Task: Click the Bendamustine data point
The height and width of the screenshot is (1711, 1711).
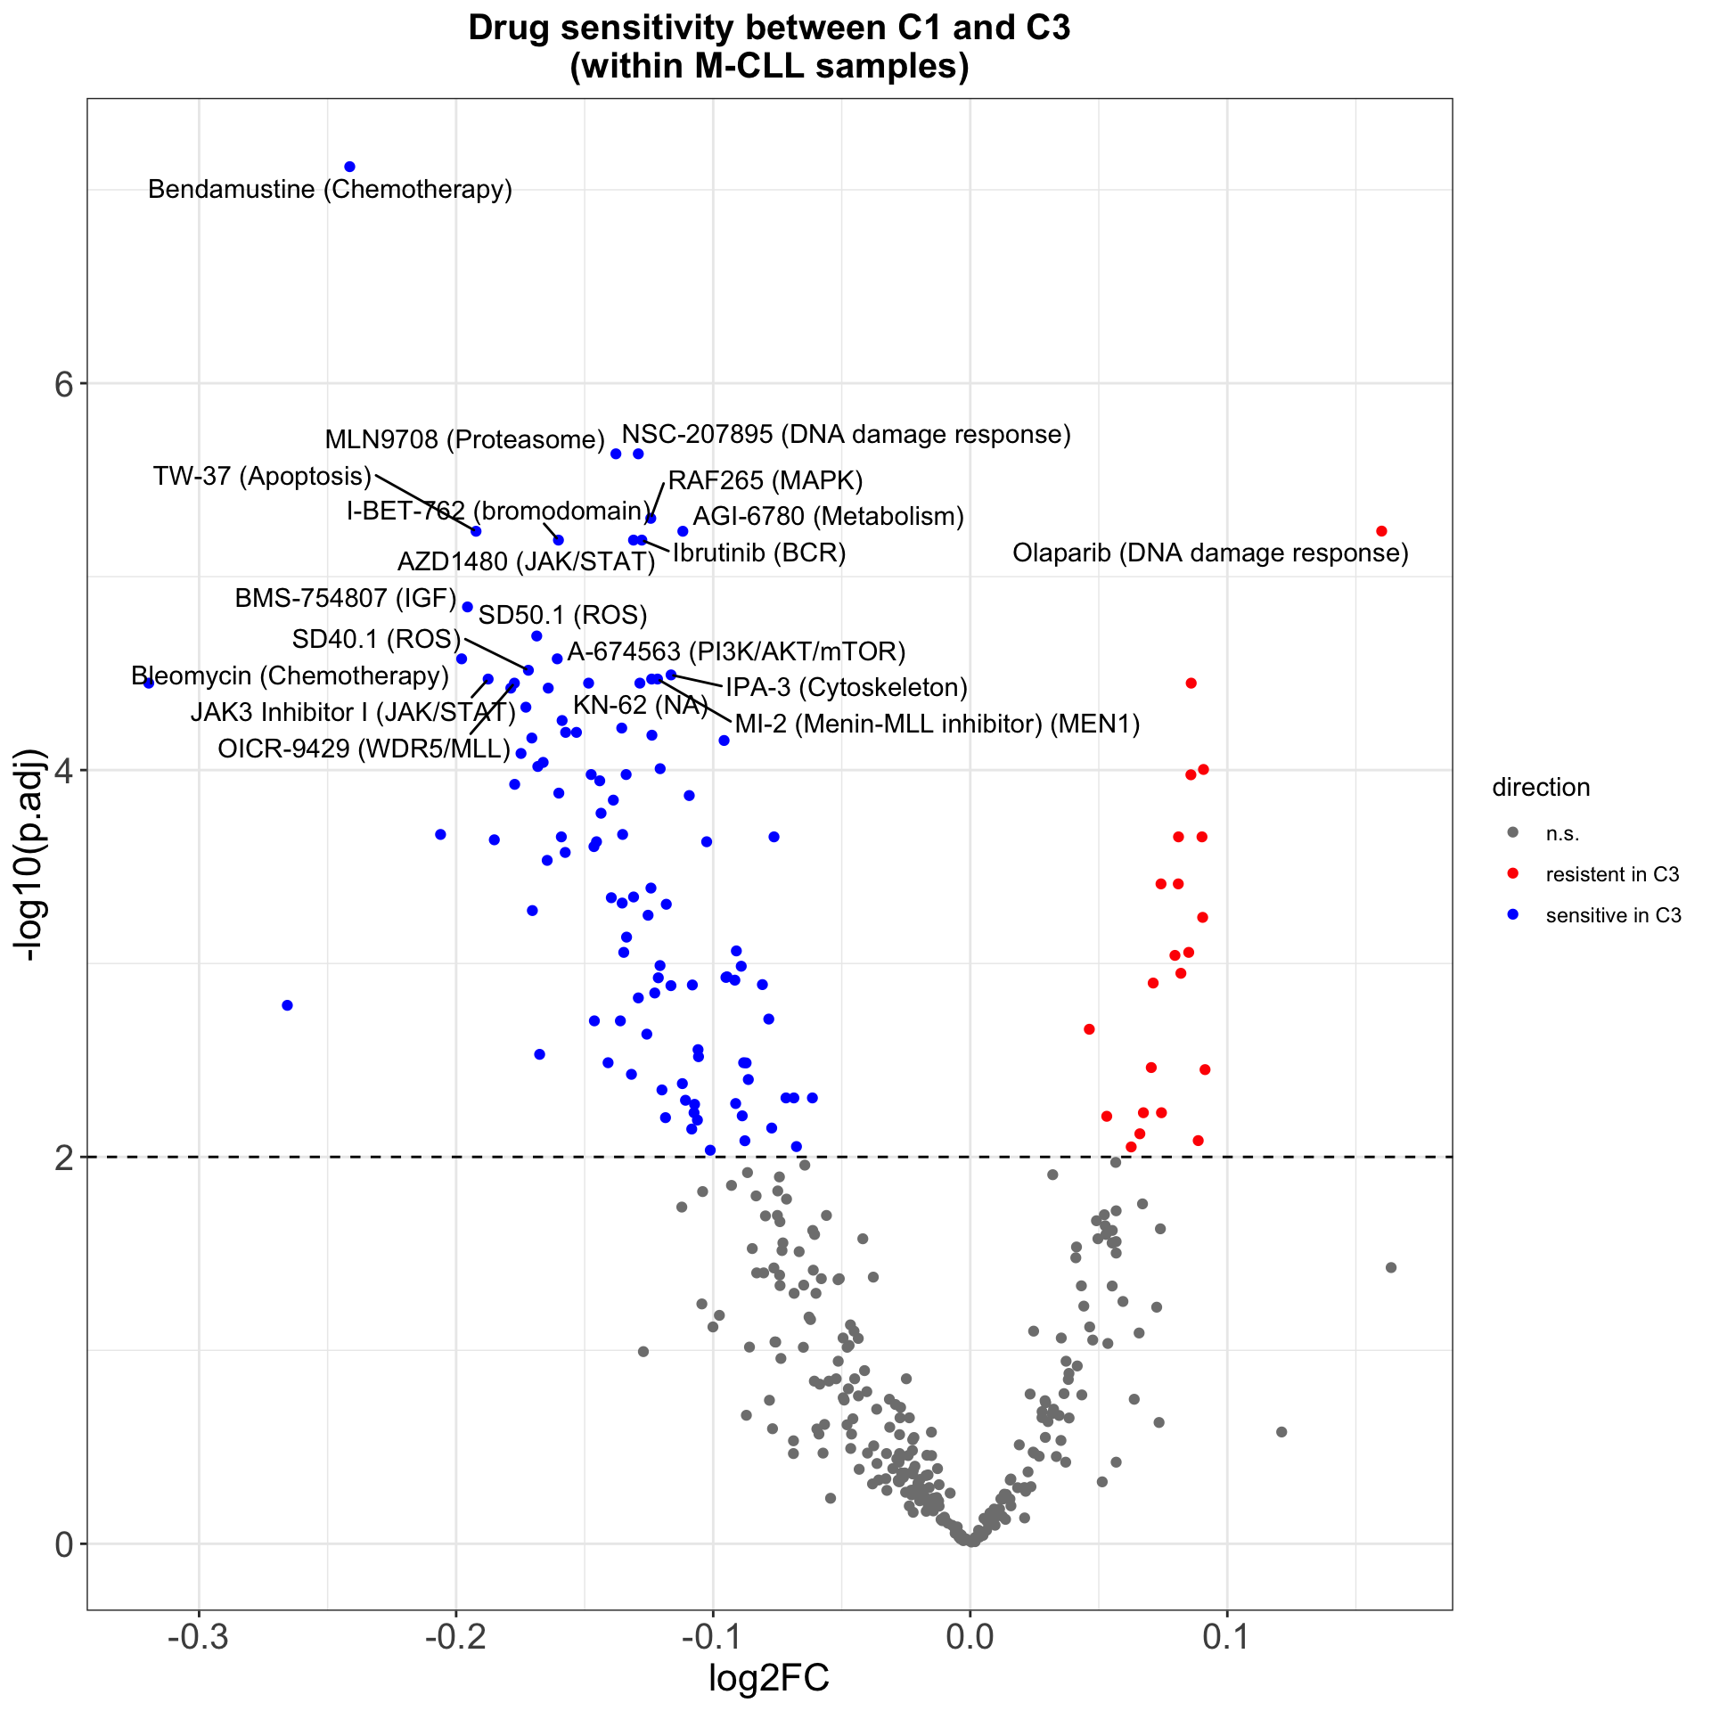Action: click(349, 167)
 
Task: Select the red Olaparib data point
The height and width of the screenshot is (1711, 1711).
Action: click(1381, 531)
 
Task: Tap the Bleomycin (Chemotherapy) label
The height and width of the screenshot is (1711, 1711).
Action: click(291, 675)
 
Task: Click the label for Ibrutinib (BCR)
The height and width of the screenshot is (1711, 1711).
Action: click(758, 553)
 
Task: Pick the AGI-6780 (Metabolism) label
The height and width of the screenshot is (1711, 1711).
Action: click(828, 517)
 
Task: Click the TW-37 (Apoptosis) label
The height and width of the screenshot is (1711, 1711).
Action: click(262, 476)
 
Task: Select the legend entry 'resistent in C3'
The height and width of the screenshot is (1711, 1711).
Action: click(1611, 874)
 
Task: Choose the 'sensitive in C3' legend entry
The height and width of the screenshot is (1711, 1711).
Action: click(1613, 915)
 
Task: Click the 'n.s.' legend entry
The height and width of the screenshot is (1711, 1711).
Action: click(1562, 834)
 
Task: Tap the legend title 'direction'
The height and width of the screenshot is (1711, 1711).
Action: click(1541, 788)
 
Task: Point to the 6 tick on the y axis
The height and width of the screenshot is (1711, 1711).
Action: click(63, 384)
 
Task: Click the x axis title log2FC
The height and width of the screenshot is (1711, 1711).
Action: click(768, 1679)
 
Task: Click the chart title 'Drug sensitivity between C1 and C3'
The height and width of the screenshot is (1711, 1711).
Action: click(768, 29)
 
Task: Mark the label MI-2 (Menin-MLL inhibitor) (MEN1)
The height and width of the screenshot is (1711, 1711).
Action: click(937, 725)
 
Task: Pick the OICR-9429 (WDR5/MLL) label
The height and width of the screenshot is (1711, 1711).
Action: click(364, 749)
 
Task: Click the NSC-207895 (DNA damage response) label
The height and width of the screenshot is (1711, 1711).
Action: click(846, 435)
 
